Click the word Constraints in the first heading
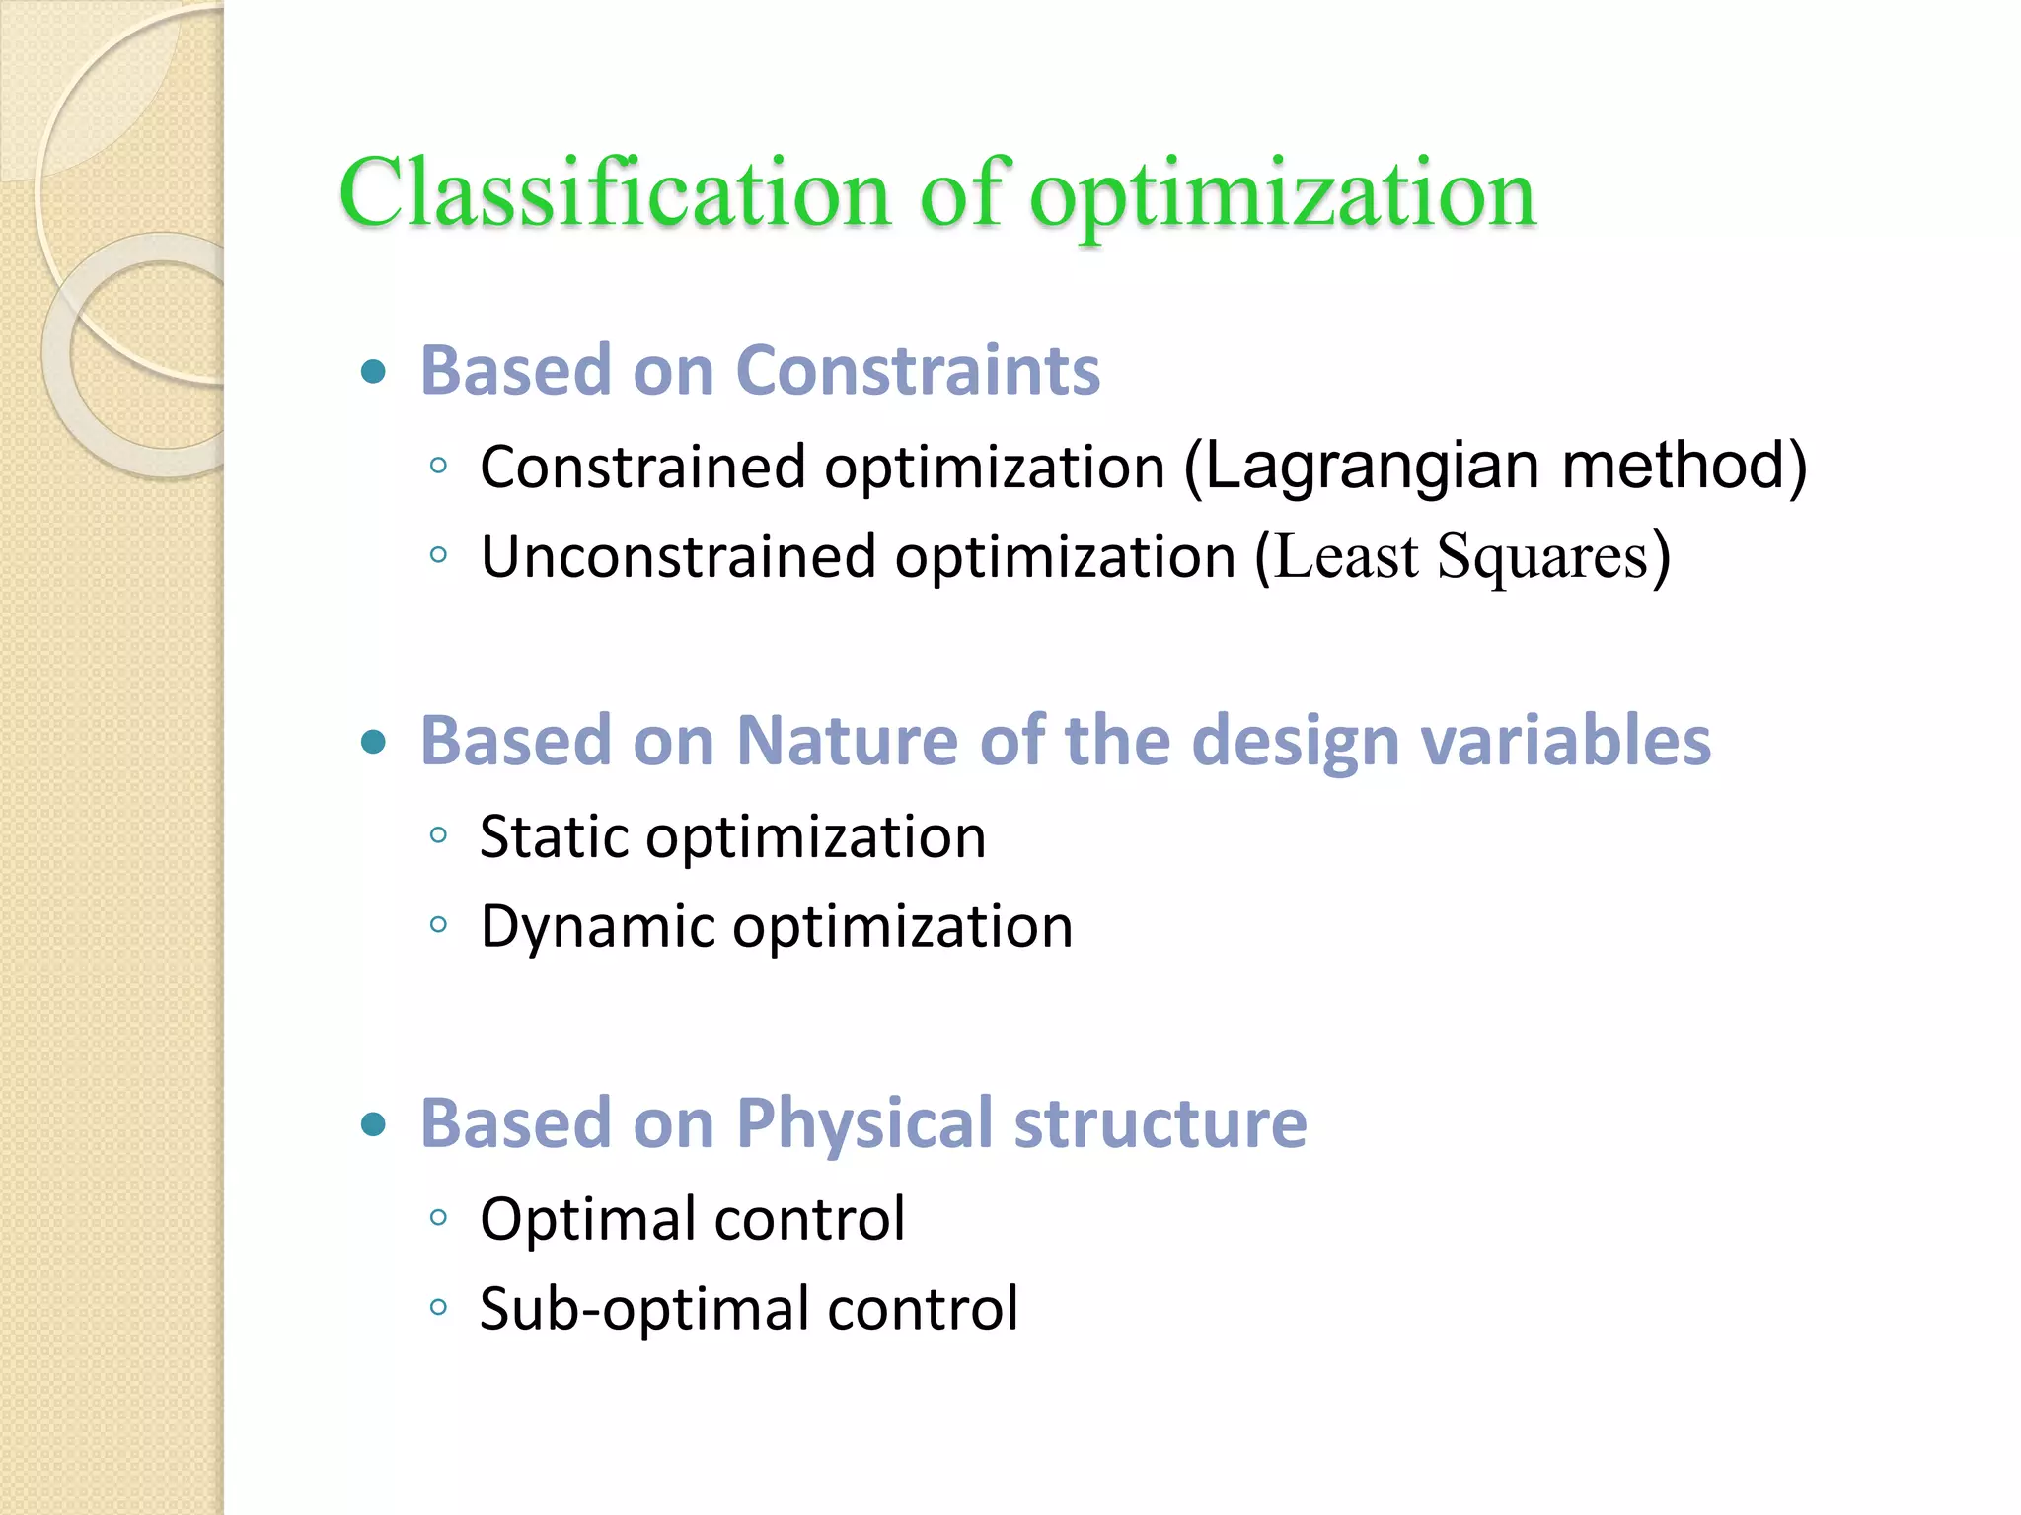(x=918, y=371)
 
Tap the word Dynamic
(x=597, y=928)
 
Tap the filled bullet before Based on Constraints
(x=373, y=372)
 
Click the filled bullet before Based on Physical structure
(x=373, y=1124)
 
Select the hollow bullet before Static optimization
(x=439, y=836)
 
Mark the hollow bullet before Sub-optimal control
(x=439, y=1309)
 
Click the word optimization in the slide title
(x=1282, y=195)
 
